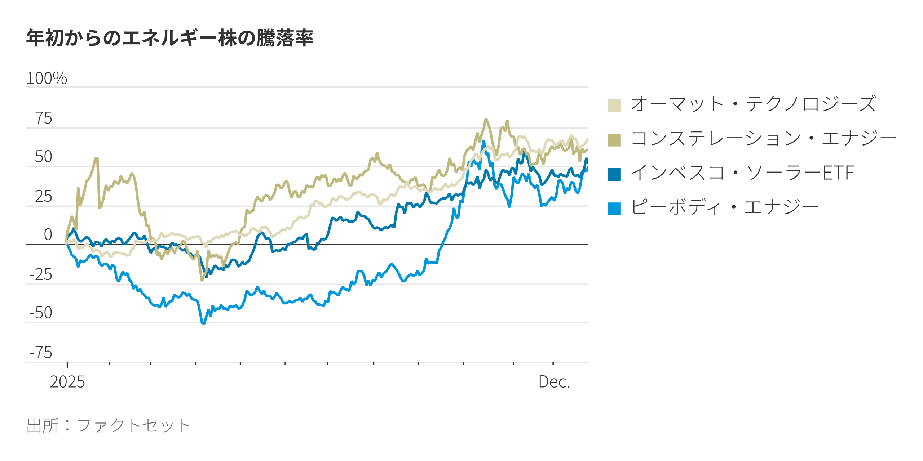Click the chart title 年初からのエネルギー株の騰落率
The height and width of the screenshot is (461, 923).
click(x=170, y=38)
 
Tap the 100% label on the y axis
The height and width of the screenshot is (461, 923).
click(x=47, y=79)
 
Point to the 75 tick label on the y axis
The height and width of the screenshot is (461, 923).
click(x=44, y=118)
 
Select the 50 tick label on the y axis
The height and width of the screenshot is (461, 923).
click(x=44, y=157)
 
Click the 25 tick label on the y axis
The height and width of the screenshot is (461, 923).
click(x=44, y=196)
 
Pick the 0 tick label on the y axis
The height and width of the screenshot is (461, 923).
click(x=48, y=234)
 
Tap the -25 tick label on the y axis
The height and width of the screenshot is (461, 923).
click(x=41, y=274)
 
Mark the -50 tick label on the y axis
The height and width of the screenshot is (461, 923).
click(x=41, y=313)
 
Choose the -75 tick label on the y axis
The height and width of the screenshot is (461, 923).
click(x=41, y=352)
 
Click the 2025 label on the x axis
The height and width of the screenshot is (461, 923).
click(x=67, y=382)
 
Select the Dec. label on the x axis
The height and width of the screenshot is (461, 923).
click(x=554, y=382)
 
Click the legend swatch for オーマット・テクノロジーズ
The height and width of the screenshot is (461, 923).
click(x=614, y=106)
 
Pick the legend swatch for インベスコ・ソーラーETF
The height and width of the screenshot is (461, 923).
click(x=614, y=174)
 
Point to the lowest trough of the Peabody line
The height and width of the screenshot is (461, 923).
click(x=203, y=323)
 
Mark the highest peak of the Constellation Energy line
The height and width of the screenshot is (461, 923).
click(x=486, y=119)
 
